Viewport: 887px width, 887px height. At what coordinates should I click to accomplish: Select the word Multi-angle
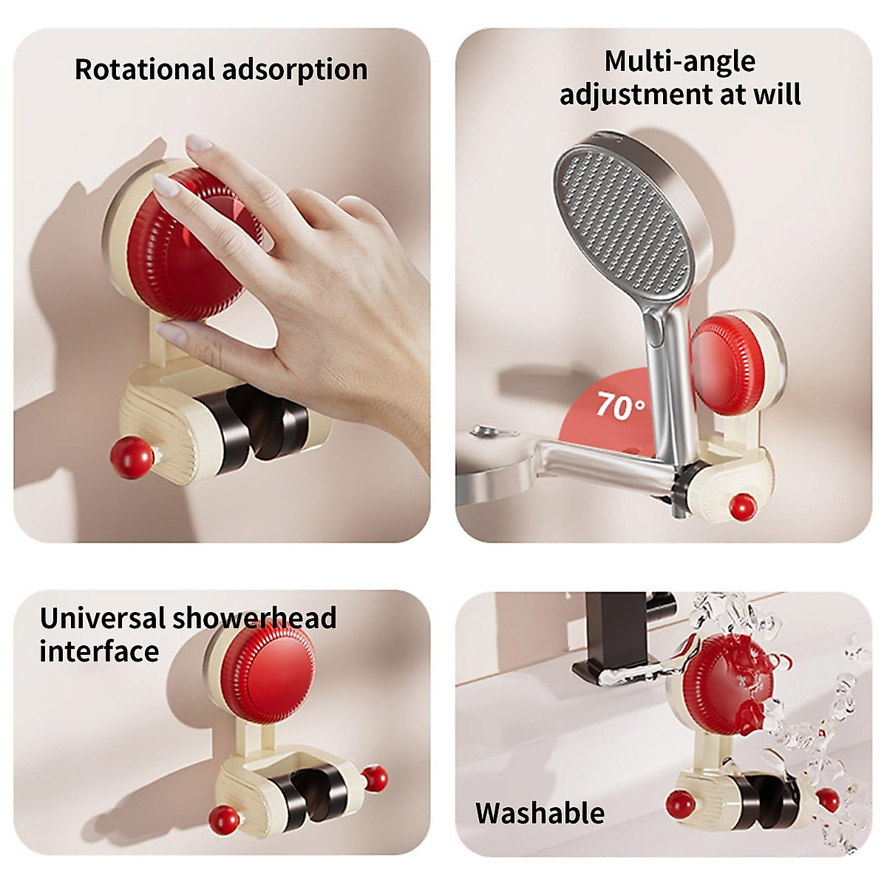(x=680, y=61)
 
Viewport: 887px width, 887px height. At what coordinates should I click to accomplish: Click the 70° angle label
(x=620, y=405)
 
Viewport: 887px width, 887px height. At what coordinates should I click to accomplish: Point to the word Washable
(x=540, y=813)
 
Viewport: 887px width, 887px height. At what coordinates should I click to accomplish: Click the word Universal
(x=102, y=618)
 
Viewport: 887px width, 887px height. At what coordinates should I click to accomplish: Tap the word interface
(x=99, y=651)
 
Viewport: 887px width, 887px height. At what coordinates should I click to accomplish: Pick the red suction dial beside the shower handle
(x=728, y=366)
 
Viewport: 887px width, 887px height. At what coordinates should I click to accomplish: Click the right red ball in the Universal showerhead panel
(x=375, y=778)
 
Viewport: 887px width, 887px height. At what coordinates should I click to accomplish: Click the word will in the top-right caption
(x=777, y=95)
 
